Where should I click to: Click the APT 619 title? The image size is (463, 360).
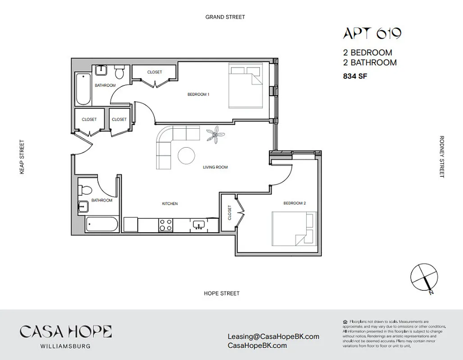tap(372, 34)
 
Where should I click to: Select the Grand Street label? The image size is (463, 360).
tap(225, 17)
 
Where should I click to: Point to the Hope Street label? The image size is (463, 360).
tap(222, 293)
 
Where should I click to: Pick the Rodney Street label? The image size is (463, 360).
tap(442, 157)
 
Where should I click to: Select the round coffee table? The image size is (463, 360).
tap(187, 156)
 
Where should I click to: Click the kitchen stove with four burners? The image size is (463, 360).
tap(165, 225)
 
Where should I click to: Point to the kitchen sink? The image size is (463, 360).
tap(199, 225)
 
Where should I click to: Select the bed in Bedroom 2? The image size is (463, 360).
tap(293, 229)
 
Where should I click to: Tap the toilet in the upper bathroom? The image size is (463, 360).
tap(119, 72)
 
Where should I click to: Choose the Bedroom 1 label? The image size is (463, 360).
tap(199, 94)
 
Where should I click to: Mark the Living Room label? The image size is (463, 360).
tap(215, 167)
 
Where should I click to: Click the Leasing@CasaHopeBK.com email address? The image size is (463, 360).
tap(273, 337)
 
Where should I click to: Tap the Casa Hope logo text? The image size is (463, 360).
tap(66, 332)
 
